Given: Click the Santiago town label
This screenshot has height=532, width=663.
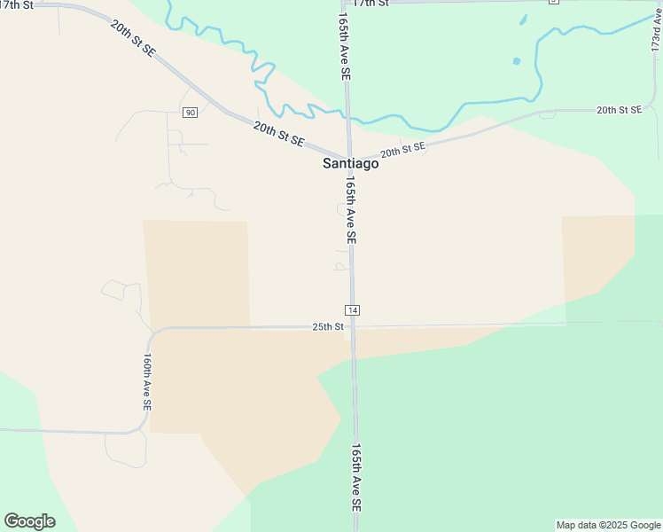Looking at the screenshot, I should [x=350, y=164].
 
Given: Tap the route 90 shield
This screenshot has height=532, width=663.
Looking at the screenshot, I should [x=191, y=113].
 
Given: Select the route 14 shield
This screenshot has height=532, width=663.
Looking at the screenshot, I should [x=353, y=309].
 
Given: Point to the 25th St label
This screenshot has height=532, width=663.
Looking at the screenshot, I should [x=327, y=326].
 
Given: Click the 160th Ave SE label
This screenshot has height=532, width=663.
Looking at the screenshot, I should [x=147, y=382].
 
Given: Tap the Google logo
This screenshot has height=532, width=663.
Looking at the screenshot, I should [x=29, y=521].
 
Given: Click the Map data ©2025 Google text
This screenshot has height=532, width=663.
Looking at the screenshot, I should [x=608, y=525].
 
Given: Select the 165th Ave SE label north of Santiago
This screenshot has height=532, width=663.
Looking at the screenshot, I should [x=344, y=49].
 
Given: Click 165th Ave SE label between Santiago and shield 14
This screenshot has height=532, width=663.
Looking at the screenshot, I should [x=351, y=210].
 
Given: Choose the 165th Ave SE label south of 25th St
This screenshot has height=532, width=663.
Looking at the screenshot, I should [x=356, y=477].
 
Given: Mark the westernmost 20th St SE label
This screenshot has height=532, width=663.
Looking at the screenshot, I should [x=133, y=39].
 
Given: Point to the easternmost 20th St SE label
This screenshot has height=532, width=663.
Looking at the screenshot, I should [x=619, y=110].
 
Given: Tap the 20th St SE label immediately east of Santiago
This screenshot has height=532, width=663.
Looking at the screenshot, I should [x=403, y=148].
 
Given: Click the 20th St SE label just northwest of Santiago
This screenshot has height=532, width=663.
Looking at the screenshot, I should [x=278, y=135].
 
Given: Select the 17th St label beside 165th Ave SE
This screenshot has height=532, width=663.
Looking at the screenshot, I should [x=370, y=4].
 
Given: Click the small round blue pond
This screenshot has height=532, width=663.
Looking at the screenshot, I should [x=516, y=61].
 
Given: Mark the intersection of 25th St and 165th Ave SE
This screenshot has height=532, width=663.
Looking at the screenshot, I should [x=353, y=326].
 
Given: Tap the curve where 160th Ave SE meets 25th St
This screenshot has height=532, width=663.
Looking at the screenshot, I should [x=153, y=334].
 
